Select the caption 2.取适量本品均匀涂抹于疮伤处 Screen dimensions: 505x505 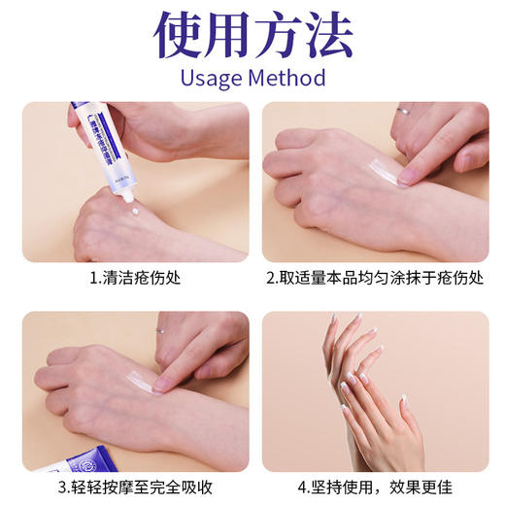tap(375, 278)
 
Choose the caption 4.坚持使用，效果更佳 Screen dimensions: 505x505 tap(375, 487)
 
